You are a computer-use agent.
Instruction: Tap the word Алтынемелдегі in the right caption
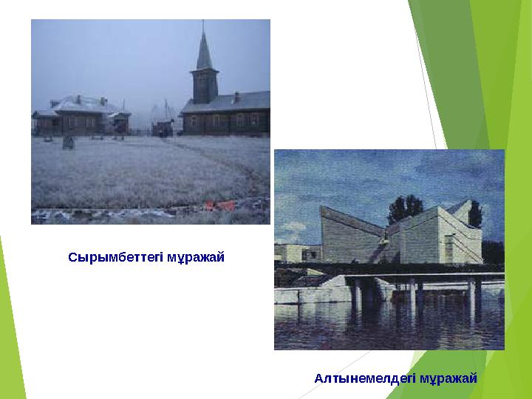(x=364, y=378)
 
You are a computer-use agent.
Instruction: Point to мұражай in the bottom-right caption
(x=449, y=378)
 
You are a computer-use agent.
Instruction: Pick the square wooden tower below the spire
(x=204, y=86)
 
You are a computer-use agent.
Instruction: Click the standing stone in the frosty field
(x=69, y=142)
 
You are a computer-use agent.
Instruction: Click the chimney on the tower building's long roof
(x=236, y=97)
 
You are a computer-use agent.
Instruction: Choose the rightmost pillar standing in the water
(x=471, y=295)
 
